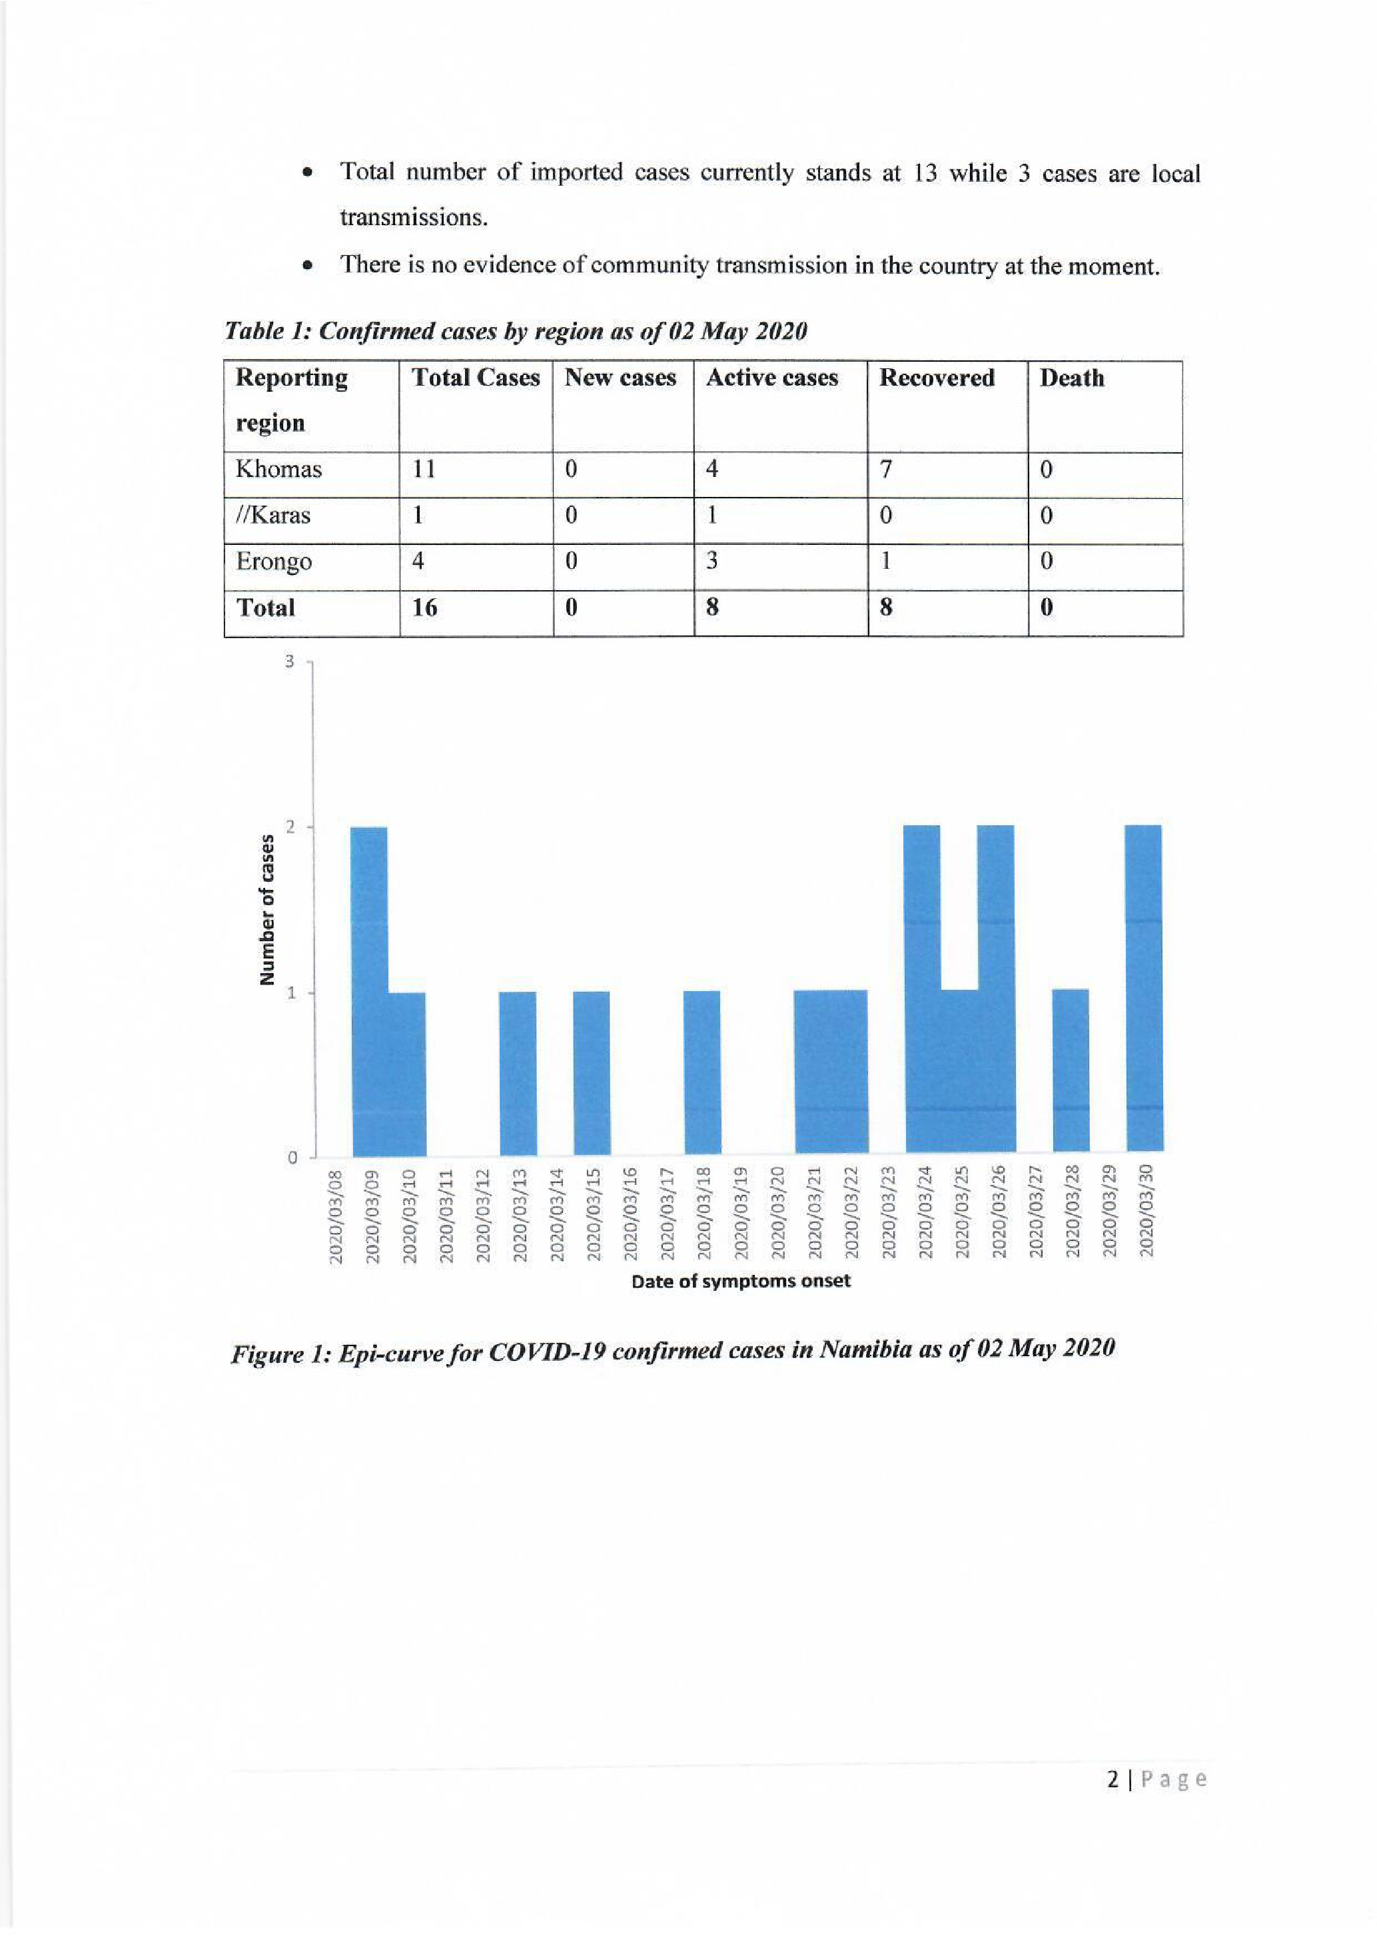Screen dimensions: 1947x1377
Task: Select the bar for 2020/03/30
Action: pyautogui.click(x=1144, y=988)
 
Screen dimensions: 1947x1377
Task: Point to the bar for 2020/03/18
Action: pyautogui.click(x=702, y=1072)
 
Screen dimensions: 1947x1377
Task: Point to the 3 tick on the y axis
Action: pyautogui.click(x=289, y=661)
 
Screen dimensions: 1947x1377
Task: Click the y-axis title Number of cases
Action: pyautogui.click(x=268, y=910)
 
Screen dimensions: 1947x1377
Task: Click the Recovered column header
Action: pyautogui.click(x=936, y=378)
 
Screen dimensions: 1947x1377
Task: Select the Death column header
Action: pyautogui.click(x=1072, y=378)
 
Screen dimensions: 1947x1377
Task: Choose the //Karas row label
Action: pyautogui.click(x=273, y=516)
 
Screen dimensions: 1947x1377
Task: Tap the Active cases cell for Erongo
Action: pyautogui.click(x=712, y=562)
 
